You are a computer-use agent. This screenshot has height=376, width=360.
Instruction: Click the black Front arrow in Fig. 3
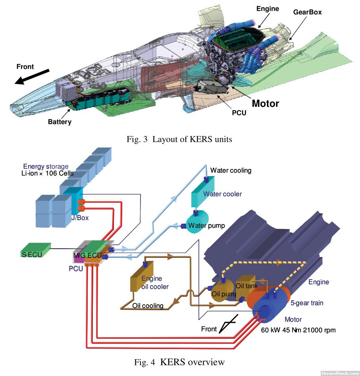[x=32, y=77]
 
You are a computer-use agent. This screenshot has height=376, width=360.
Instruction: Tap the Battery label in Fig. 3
[x=60, y=122]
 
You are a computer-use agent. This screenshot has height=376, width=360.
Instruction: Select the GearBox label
[x=307, y=12]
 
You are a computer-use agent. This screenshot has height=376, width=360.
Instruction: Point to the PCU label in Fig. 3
[x=239, y=113]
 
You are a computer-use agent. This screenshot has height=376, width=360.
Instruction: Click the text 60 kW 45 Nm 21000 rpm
[x=298, y=330]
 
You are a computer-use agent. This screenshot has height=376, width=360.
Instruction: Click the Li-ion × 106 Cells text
[x=47, y=174]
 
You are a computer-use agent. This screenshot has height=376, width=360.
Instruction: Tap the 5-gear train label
[x=307, y=303]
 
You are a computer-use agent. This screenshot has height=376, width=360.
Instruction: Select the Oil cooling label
[x=148, y=306]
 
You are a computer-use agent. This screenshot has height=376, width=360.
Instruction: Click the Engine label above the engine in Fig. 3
[x=268, y=9]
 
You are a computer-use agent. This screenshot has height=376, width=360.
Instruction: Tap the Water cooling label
[x=231, y=171]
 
